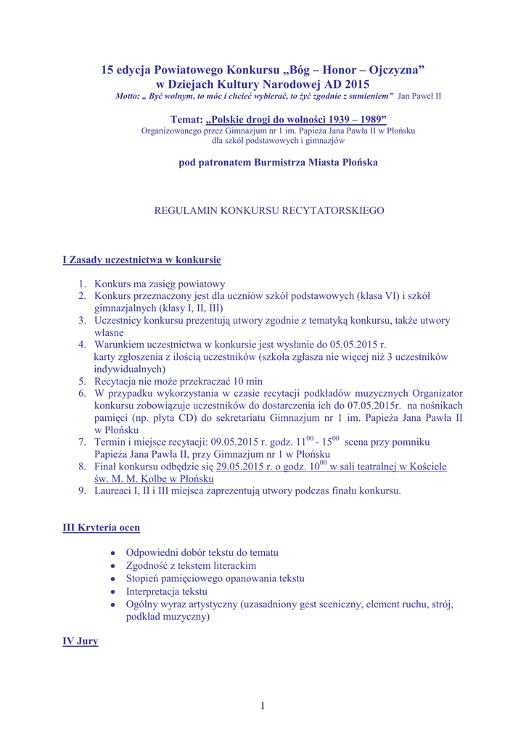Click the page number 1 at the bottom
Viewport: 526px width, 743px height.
pos(263,705)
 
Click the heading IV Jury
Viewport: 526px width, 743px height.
pos(80,641)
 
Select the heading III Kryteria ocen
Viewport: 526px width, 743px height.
pos(102,527)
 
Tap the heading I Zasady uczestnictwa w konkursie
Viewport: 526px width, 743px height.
pos(141,259)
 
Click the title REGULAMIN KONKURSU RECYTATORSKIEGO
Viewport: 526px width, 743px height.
pos(270,210)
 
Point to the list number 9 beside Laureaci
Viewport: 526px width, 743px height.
pos(83,491)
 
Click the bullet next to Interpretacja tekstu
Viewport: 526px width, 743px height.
pos(113,592)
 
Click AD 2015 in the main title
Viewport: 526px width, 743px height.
pos(342,84)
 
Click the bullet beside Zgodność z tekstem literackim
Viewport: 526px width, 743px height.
pos(113,565)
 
